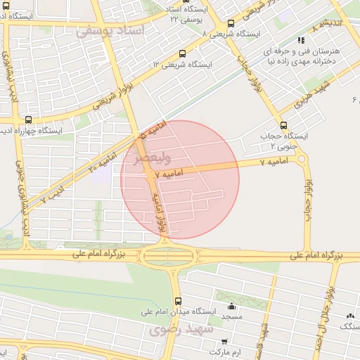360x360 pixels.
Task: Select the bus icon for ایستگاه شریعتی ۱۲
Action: point(183,53)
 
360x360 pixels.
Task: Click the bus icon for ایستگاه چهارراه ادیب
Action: point(28,120)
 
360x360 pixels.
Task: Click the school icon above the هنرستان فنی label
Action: point(302,40)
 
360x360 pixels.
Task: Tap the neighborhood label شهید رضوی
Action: point(176,329)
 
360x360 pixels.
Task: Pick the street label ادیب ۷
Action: point(52,195)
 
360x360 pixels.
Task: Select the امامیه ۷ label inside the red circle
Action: point(168,173)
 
